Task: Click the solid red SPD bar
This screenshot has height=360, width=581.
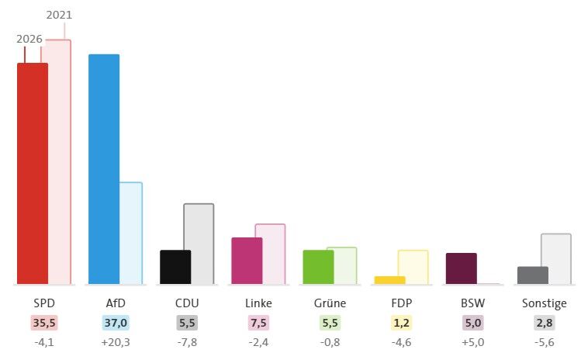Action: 33,174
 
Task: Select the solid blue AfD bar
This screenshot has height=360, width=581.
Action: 104,169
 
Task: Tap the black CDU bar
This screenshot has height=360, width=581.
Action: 175,267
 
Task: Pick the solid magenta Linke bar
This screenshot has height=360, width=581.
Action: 247,261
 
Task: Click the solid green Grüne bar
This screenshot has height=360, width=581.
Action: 318,267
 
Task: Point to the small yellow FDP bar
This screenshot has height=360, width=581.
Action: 390,280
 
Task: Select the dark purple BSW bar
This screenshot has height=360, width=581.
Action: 462,268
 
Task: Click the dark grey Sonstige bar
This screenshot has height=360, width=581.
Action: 533,275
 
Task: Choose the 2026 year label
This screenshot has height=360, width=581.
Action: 29,39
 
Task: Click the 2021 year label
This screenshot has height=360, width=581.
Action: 59,15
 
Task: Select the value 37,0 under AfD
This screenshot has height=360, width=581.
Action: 116,323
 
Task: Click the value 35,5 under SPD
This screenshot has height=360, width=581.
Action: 44,323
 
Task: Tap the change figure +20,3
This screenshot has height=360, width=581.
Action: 116,342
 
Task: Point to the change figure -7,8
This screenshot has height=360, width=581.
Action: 187,342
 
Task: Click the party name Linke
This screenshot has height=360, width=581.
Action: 258,303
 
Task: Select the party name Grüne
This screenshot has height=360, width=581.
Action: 330,303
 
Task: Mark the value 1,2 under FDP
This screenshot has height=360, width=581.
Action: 401,323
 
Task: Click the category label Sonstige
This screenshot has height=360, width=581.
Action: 545,303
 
